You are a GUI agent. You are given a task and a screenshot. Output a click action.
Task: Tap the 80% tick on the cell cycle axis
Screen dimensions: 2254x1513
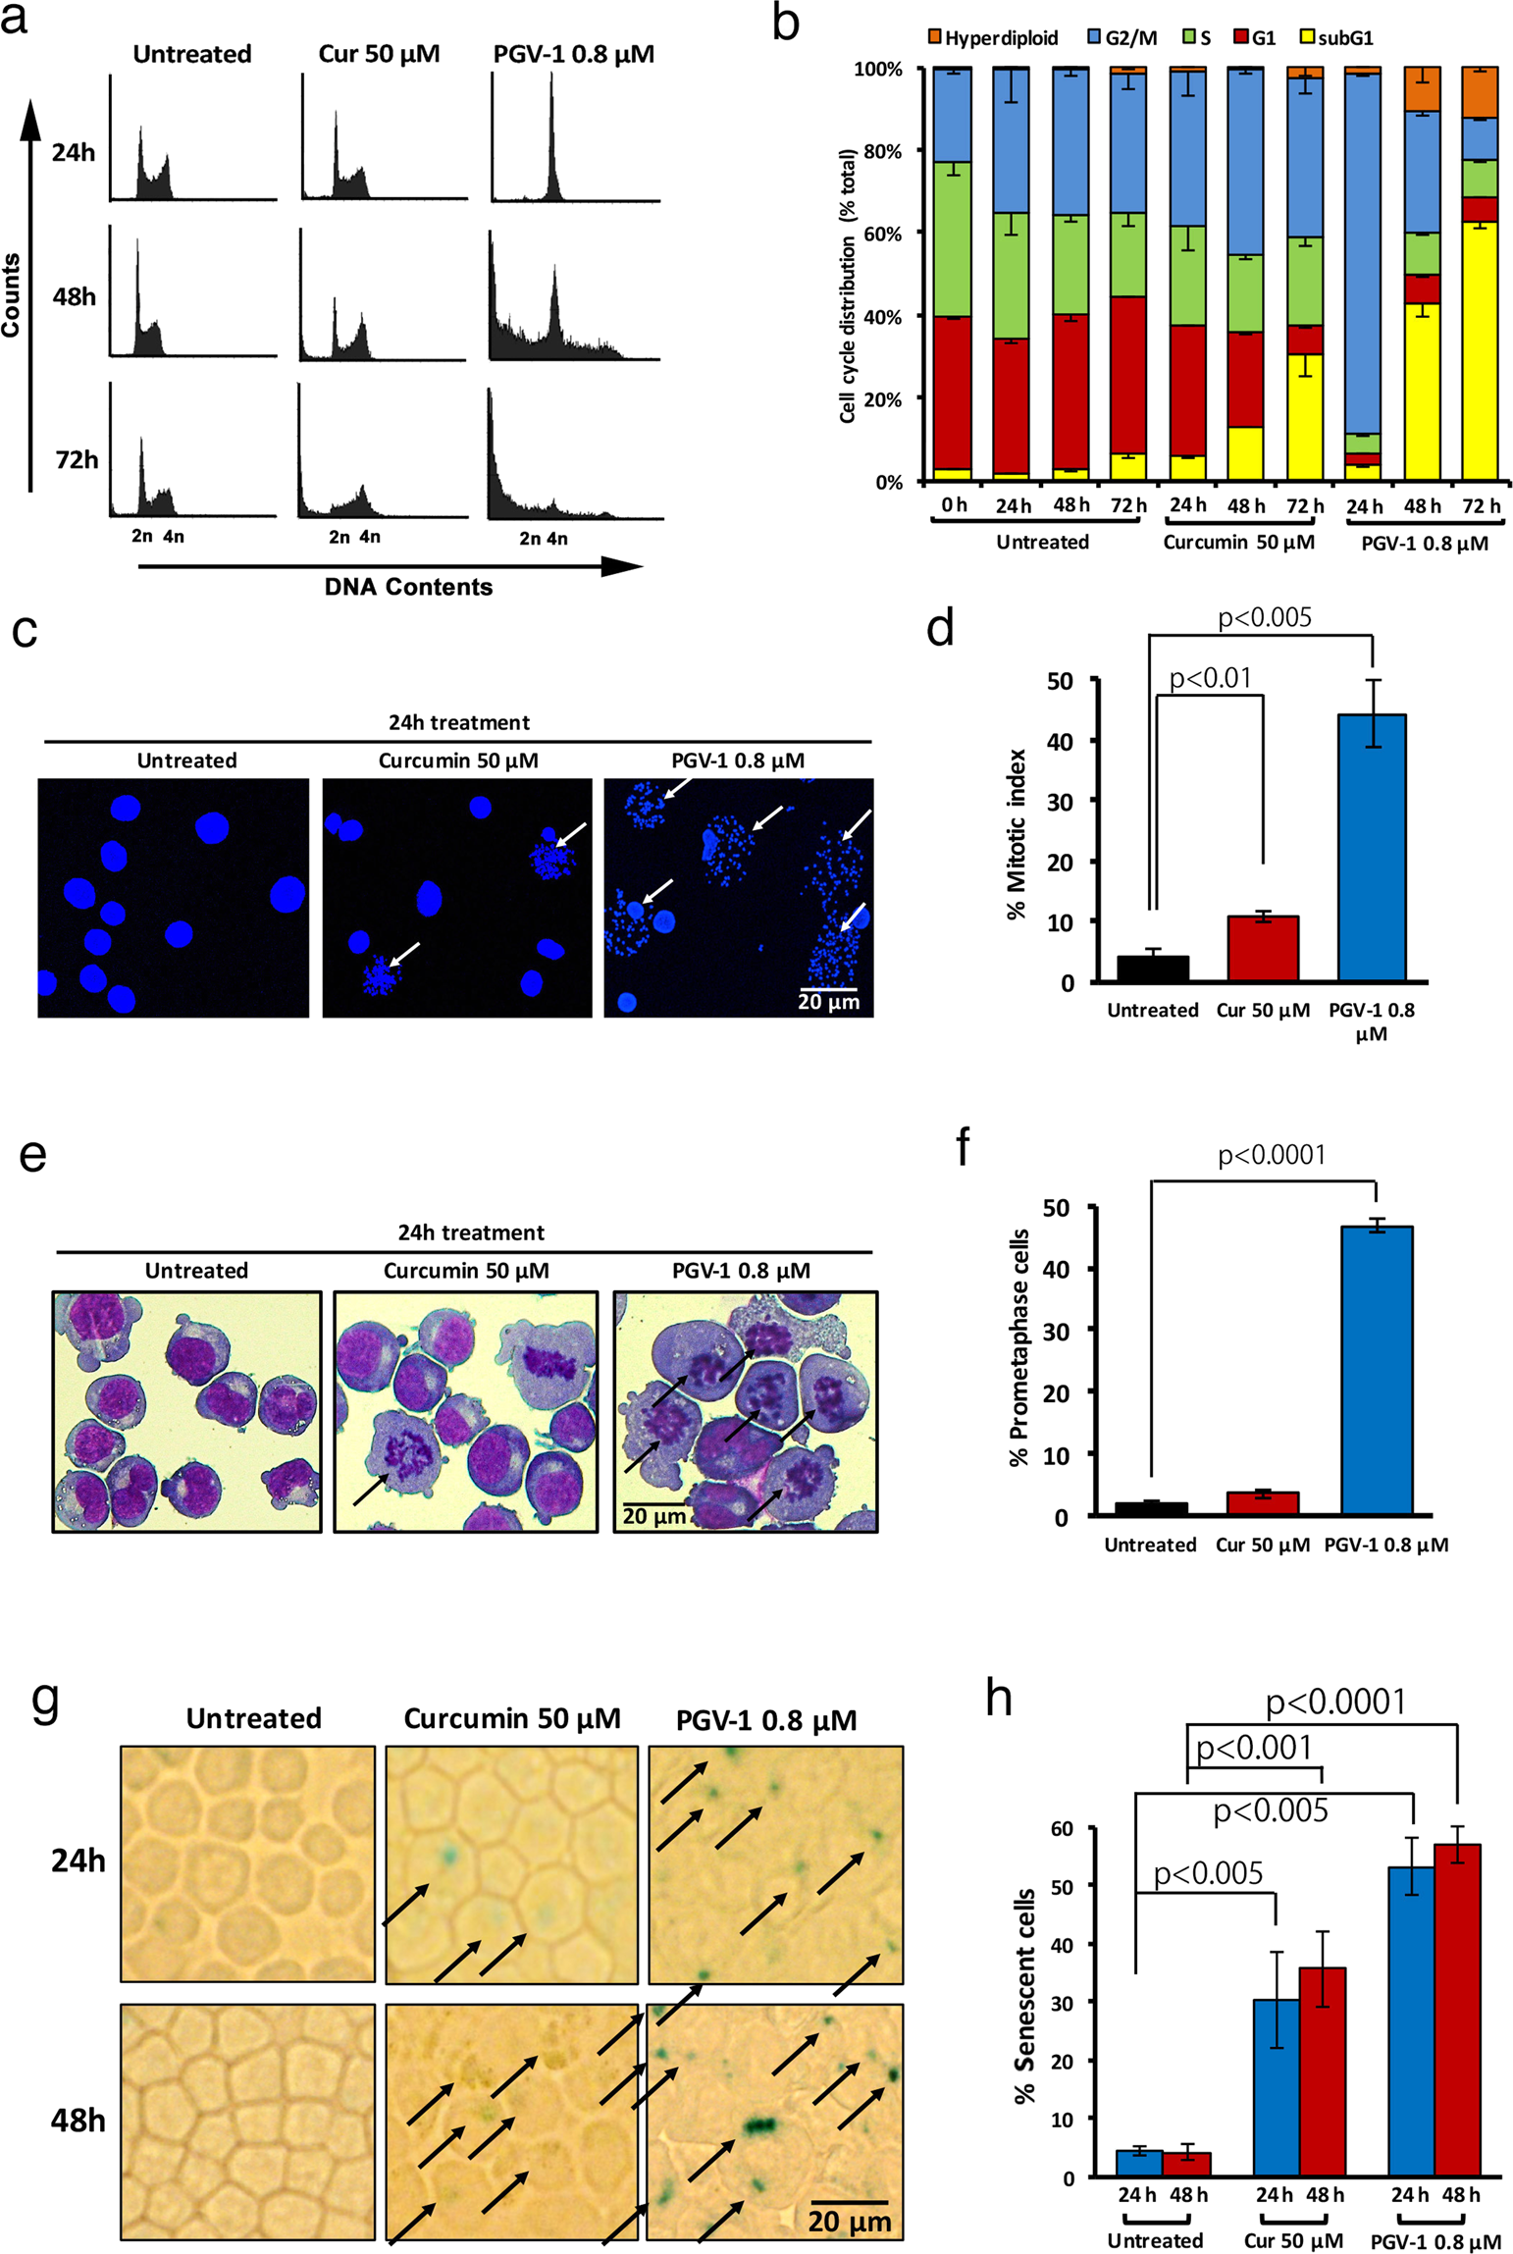click(x=881, y=151)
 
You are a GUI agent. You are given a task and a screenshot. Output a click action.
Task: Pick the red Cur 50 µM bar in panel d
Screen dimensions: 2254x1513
click(x=1262, y=948)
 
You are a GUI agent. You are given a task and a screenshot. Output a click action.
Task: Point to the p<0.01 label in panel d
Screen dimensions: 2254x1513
click(x=1210, y=678)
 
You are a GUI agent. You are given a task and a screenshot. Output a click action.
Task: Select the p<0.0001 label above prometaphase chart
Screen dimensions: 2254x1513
click(x=1271, y=1155)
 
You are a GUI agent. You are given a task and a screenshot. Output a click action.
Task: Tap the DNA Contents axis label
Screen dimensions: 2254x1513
click(x=408, y=587)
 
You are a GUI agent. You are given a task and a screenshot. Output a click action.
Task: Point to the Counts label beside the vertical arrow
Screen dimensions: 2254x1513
click(x=11, y=294)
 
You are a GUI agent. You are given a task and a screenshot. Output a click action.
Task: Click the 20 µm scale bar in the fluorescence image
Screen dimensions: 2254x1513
click(x=828, y=990)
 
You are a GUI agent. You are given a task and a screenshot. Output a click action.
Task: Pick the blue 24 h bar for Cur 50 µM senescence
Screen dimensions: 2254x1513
click(x=1276, y=2087)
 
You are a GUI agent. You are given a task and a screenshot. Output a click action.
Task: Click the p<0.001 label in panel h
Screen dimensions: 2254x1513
click(x=1253, y=1747)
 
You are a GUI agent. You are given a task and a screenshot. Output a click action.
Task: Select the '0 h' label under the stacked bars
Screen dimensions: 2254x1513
click(x=953, y=504)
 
